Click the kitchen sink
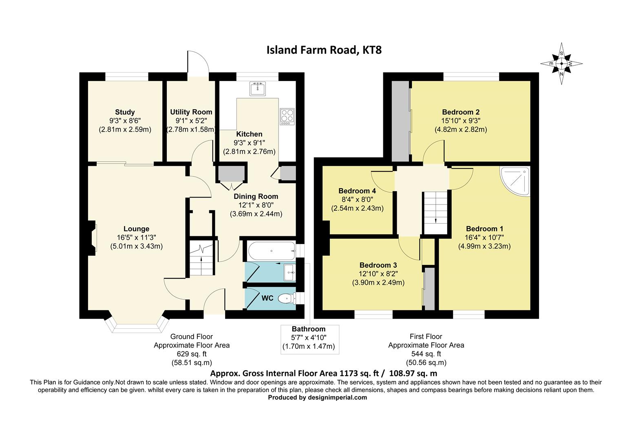(258, 88)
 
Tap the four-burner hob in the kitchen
(287, 117)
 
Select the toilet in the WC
(287, 299)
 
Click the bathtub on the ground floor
(272, 251)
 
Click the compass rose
(561, 64)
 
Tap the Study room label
(125, 112)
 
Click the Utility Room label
(191, 112)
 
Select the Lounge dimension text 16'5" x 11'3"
(136, 238)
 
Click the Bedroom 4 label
(357, 191)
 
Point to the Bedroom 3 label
(378, 265)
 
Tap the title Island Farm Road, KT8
(324, 50)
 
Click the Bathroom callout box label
(308, 329)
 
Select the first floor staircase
(435, 213)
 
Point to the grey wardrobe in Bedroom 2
(400, 121)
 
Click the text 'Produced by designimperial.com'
(317, 398)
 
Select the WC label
(267, 298)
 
